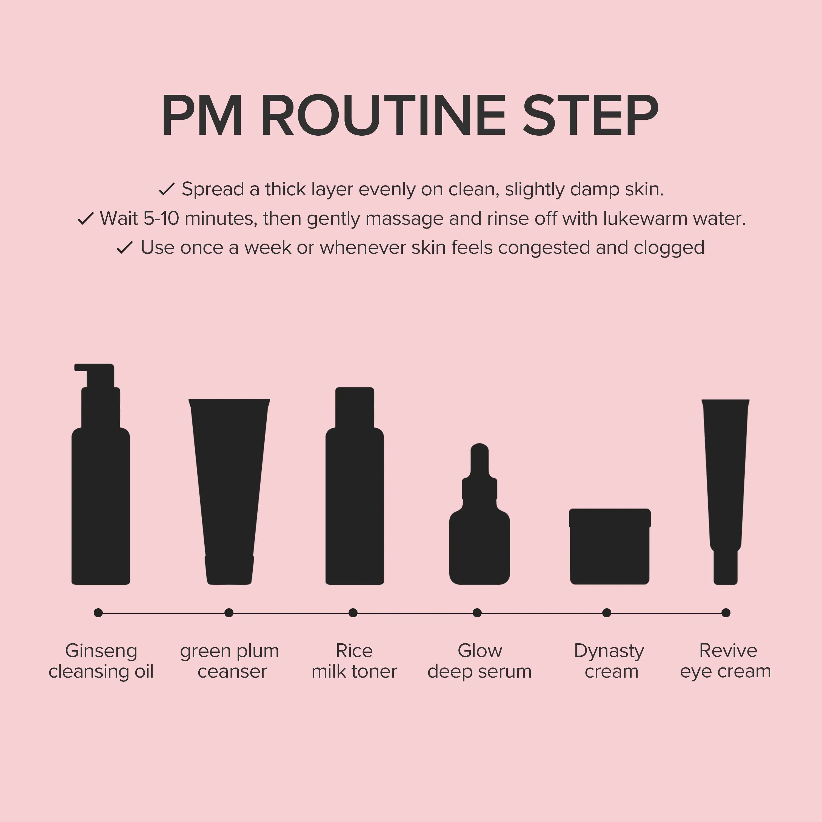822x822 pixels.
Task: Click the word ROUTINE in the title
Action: (x=383, y=116)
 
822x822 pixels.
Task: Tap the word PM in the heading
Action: (x=202, y=116)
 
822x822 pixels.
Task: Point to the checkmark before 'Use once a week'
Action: (x=125, y=248)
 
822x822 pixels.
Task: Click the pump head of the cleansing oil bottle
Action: (x=95, y=374)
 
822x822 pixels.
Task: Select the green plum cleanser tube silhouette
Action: (x=229, y=491)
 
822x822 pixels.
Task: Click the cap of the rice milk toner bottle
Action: (x=355, y=407)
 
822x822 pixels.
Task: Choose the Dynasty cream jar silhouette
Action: (x=610, y=546)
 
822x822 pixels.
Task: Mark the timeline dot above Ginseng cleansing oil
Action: (x=98, y=613)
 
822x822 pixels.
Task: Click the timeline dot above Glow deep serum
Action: (x=477, y=613)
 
